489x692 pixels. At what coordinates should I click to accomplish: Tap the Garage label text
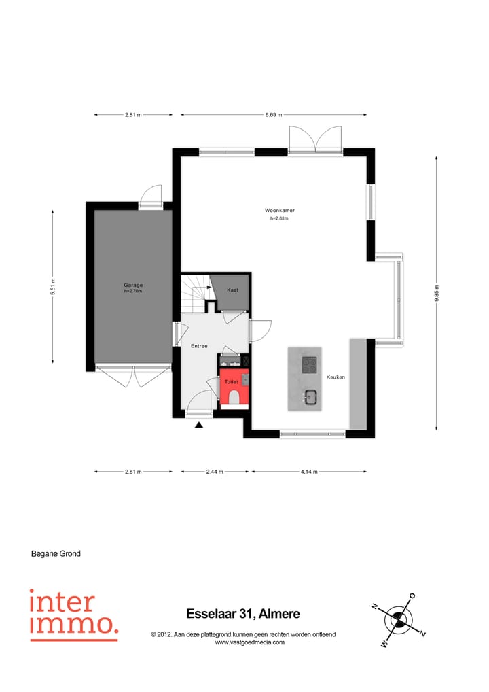coord(133,285)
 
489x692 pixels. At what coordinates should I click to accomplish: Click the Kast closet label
coord(232,290)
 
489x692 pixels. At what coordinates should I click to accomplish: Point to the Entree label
coord(199,346)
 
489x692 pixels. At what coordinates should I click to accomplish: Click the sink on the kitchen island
coord(311,397)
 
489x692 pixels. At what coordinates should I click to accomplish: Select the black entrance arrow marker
coord(199,426)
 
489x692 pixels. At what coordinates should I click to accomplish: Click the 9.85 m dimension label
coord(437,292)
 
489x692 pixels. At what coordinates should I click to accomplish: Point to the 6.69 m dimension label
coord(274,115)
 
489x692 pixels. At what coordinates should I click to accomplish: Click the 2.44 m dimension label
coord(215,471)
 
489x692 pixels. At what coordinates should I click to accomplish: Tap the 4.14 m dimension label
coord(308,471)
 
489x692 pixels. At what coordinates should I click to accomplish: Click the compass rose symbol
coord(399,619)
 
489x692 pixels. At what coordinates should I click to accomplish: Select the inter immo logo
coord(73,615)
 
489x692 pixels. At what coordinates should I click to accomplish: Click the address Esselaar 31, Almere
coord(242,614)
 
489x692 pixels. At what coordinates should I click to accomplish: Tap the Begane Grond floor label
coord(56,554)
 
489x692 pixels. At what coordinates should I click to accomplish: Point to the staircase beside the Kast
coord(195,294)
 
